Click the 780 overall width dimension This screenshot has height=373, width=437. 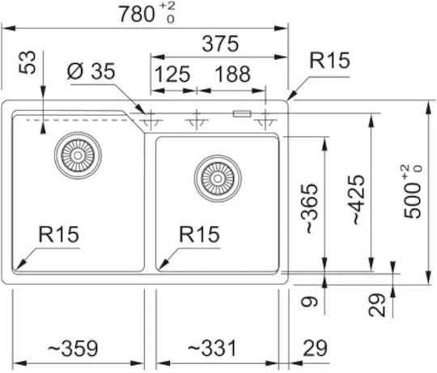tap(146, 14)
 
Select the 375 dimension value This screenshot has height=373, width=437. tap(220, 44)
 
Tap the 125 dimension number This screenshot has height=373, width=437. tap(172, 74)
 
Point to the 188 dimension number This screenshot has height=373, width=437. tap(233, 74)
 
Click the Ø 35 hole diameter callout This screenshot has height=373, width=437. tap(91, 71)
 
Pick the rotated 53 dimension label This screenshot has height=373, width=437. tap(28, 62)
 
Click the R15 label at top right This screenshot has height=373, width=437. tap(329, 60)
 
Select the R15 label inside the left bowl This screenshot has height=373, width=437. tap(59, 235)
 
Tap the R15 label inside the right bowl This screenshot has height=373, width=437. tap(199, 235)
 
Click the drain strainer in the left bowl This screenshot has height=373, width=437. tap(78, 155)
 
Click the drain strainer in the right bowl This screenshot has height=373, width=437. tap(218, 179)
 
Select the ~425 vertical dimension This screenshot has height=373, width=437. tap(359, 200)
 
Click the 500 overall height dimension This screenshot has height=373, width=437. tap(413, 192)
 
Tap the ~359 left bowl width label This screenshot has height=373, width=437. tap(73, 348)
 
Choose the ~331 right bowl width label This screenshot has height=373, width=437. tap(212, 348)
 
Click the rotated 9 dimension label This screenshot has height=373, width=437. tap(310, 302)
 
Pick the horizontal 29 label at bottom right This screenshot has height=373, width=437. tap(315, 348)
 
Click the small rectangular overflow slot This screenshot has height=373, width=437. tap(242, 113)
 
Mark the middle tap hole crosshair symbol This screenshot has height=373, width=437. tap(197, 120)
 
